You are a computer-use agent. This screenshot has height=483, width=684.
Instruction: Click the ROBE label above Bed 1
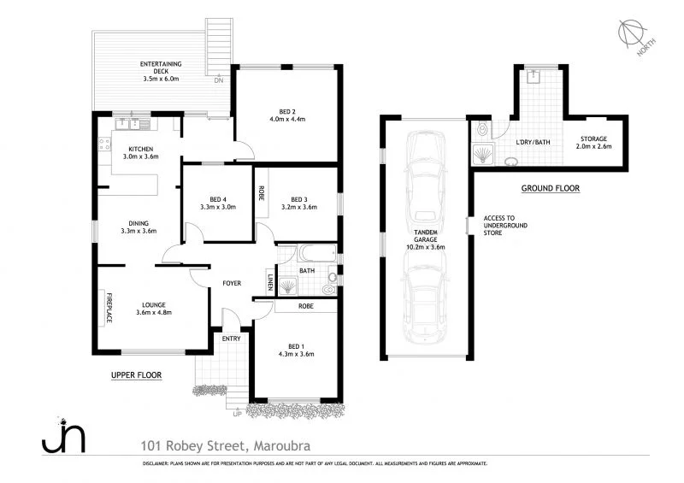pyautogui.click(x=304, y=305)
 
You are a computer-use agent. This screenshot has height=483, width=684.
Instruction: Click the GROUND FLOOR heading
pyautogui.click(x=551, y=187)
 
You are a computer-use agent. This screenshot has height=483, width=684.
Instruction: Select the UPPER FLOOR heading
pyautogui.click(x=136, y=374)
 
